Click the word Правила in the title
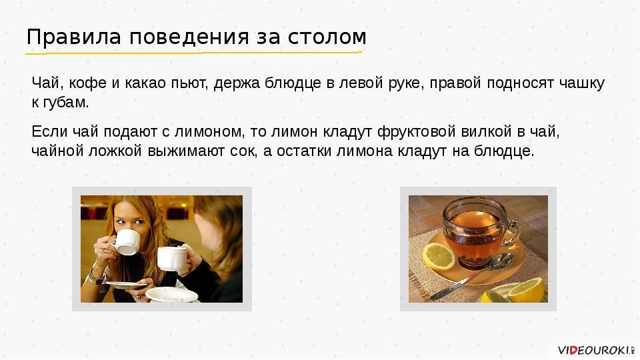(74, 37)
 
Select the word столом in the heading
(327, 37)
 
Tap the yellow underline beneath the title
(193, 53)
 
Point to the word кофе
(88, 83)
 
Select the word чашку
(581, 83)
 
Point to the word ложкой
(115, 151)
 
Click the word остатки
(304, 151)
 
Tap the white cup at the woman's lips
(126, 242)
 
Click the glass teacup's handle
(514, 233)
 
